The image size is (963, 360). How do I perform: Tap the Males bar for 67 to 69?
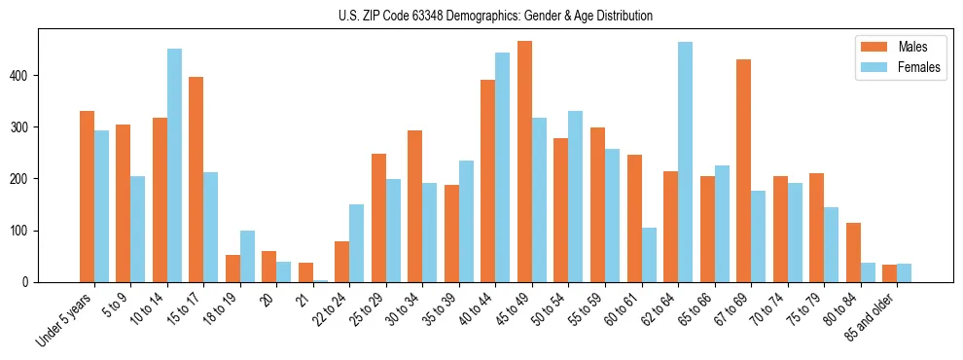pos(743,170)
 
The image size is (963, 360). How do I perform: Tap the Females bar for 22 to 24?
pos(357,243)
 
